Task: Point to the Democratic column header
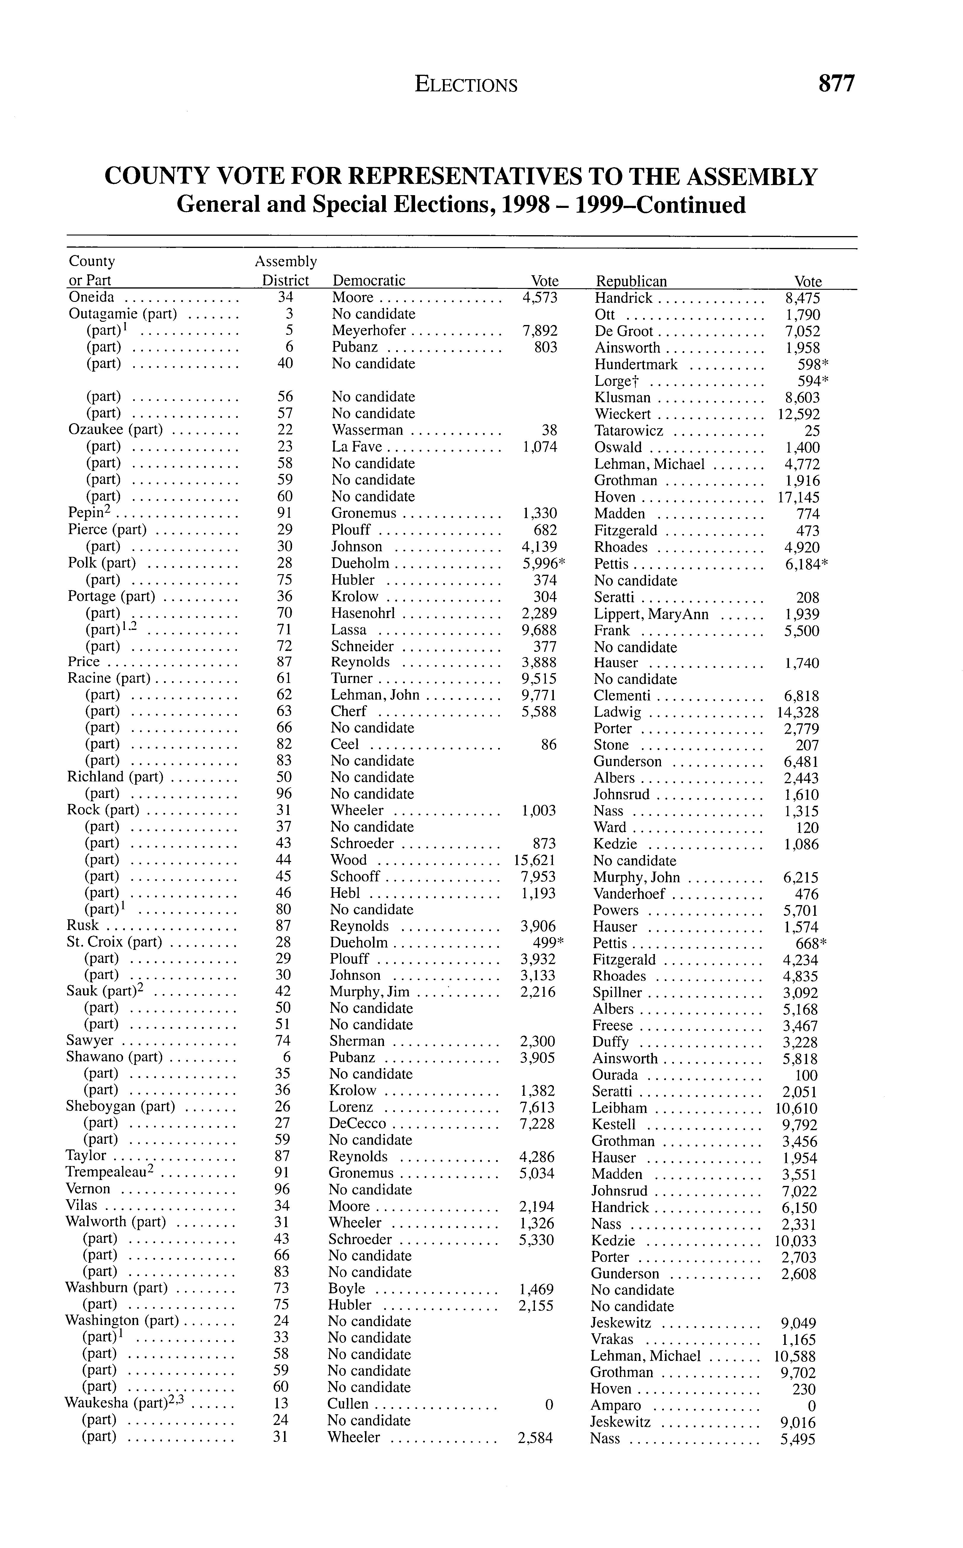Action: click(369, 280)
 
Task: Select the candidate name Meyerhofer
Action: click(369, 331)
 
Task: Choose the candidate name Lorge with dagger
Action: click(616, 381)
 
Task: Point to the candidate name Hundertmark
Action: click(636, 364)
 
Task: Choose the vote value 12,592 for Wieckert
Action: click(798, 414)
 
